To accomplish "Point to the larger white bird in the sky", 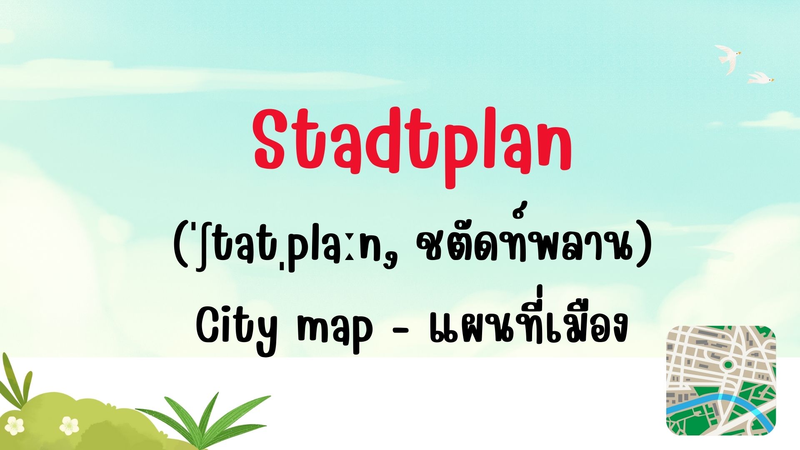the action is coord(727,59).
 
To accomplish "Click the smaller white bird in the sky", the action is coord(760,78).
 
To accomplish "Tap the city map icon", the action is coord(721,380).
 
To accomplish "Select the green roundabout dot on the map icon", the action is coord(728,365).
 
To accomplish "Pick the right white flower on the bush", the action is coord(69,426).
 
